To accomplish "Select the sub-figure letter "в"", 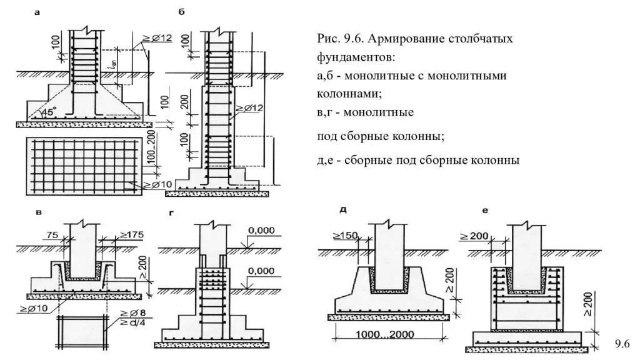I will pos(39,212).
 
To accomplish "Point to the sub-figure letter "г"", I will pos(171,213).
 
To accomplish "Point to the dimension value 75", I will pos(52,235).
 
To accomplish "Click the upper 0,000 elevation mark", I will pos(261,231).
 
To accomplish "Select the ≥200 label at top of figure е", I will pos(474,236).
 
